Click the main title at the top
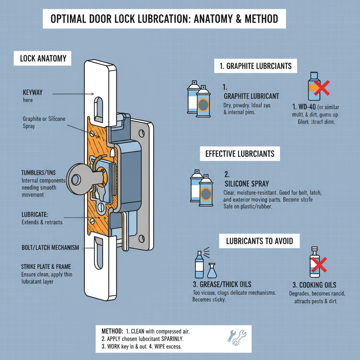click(164, 19)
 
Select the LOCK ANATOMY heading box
click(43, 58)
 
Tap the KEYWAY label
click(32, 92)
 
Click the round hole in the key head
click(75, 179)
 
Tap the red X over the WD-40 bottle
click(321, 88)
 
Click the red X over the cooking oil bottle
click(318, 264)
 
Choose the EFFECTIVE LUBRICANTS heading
click(240, 154)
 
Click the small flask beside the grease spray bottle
click(212, 271)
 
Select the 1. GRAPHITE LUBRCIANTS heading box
click(255, 66)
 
